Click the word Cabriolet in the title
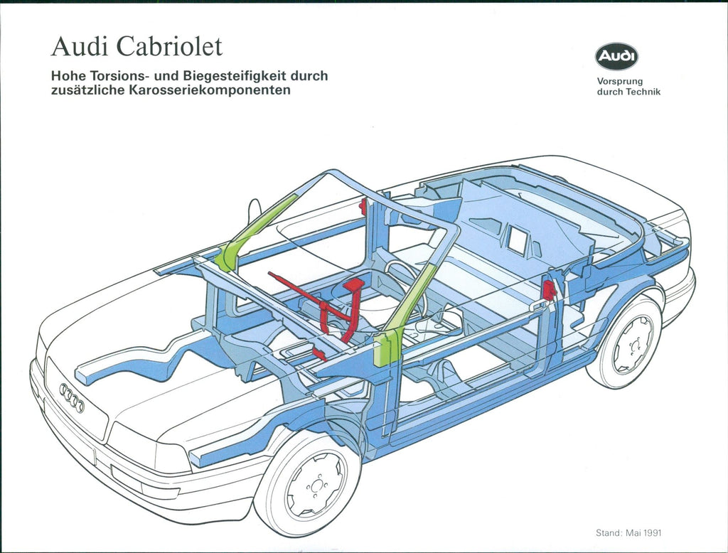point(169,47)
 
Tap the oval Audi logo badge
point(617,56)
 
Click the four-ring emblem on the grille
point(72,398)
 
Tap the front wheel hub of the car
point(315,485)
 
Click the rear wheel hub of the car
point(631,345)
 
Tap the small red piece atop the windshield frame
point(363,206)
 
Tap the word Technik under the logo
point(643,92)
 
